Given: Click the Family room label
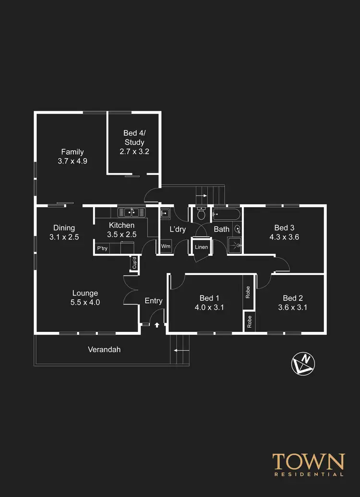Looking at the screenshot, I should coord(72,152).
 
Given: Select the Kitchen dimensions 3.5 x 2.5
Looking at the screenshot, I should coord(121,235).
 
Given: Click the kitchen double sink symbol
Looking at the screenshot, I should coord(128,212).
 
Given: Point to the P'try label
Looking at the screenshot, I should coord(102,248).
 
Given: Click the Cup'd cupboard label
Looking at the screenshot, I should coord(134,263).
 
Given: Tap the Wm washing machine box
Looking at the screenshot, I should coord(166,247).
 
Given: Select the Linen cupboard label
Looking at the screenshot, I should coord(201,247).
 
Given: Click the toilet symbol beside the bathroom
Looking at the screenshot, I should coord(201,214).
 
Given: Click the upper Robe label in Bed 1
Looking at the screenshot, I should coord(248,293).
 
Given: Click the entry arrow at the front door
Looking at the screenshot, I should coord(157,325).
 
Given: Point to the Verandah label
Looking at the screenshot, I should coord(104,350).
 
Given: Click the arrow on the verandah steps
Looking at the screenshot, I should coord(180,351).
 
